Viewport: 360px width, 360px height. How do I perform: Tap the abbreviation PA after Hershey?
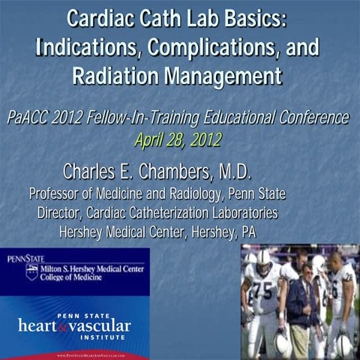pos(247,232)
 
